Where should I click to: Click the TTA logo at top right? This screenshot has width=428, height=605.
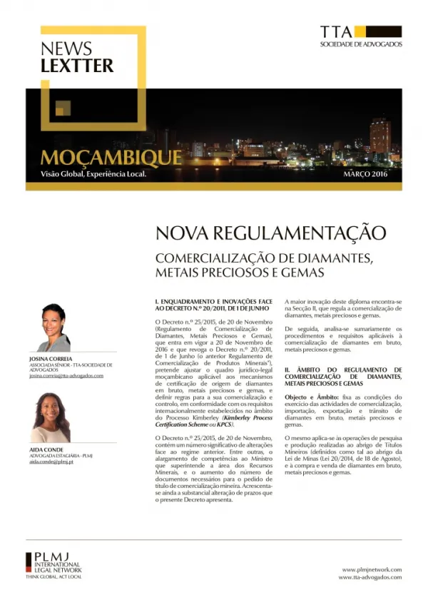coord(361,36)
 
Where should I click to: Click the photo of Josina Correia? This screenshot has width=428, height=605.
coord(53,328)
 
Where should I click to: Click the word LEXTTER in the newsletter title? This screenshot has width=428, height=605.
coord(77,66)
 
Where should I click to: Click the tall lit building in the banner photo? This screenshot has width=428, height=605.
coord(379,135)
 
